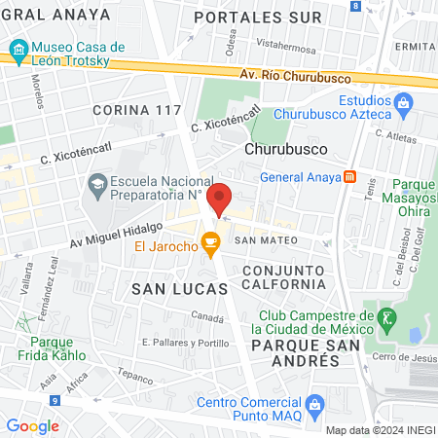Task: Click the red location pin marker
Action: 220,199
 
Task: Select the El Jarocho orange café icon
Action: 209,242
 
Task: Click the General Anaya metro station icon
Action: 350,177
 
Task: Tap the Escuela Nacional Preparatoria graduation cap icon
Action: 96,183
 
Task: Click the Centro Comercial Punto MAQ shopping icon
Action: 313,404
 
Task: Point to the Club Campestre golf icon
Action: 387,317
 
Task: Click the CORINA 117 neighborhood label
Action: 137,110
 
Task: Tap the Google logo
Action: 33,425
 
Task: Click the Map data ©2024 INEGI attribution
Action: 380,430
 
